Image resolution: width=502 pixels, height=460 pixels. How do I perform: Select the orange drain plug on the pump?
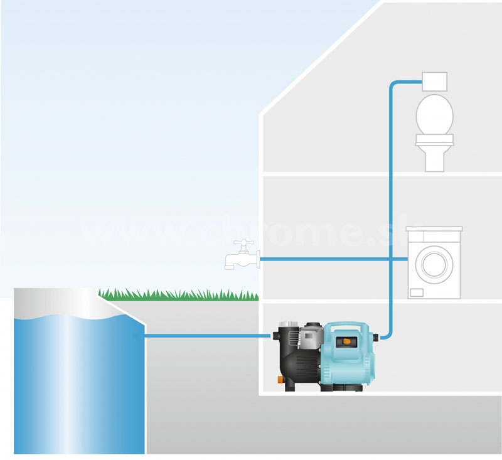pyautogui.click(x=277, y=378)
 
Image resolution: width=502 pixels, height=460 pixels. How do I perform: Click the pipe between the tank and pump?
pyautogui.click(x=207, y=336)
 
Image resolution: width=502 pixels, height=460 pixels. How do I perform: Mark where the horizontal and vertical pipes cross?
pyautogui.click(x=391, y=259)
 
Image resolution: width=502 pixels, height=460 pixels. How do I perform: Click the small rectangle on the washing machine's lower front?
pyautogui.click(x=415, y=291)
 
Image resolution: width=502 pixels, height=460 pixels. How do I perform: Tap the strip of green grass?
pyautogui.click(x=179, y=294)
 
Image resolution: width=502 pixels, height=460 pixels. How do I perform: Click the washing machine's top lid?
pyautogui.click(x=434, y=230)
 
